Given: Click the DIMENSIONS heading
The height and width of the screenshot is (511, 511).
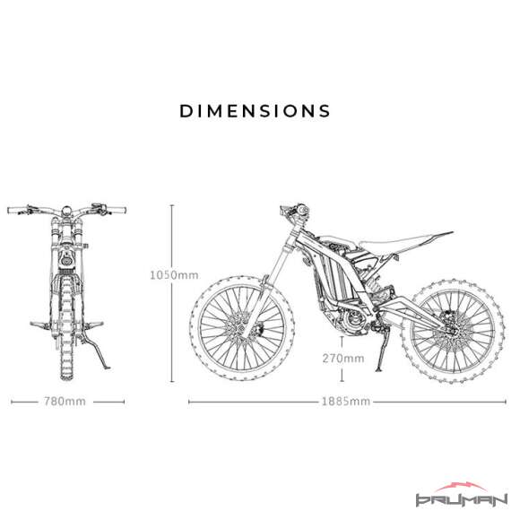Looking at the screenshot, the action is pos(255,111).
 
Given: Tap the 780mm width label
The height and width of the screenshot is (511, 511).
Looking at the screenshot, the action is pos(65,401).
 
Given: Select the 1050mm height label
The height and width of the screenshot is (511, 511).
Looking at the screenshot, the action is pos(174,275).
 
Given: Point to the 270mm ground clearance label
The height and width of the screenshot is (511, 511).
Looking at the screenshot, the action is pos(343,359).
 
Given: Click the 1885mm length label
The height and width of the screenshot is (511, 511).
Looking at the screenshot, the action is pos(346,401).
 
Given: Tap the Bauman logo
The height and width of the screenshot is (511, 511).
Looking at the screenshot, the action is pos(462,496).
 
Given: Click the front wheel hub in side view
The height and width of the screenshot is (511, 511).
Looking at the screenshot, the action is pos(242,327).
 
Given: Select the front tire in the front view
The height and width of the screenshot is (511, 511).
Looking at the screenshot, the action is pos(66,329).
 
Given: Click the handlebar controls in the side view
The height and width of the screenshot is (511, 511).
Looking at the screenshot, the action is pos(294,211).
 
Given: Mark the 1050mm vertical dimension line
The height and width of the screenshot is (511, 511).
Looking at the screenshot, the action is pos(172,293).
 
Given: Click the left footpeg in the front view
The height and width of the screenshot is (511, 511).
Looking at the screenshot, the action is pos(40,325).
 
